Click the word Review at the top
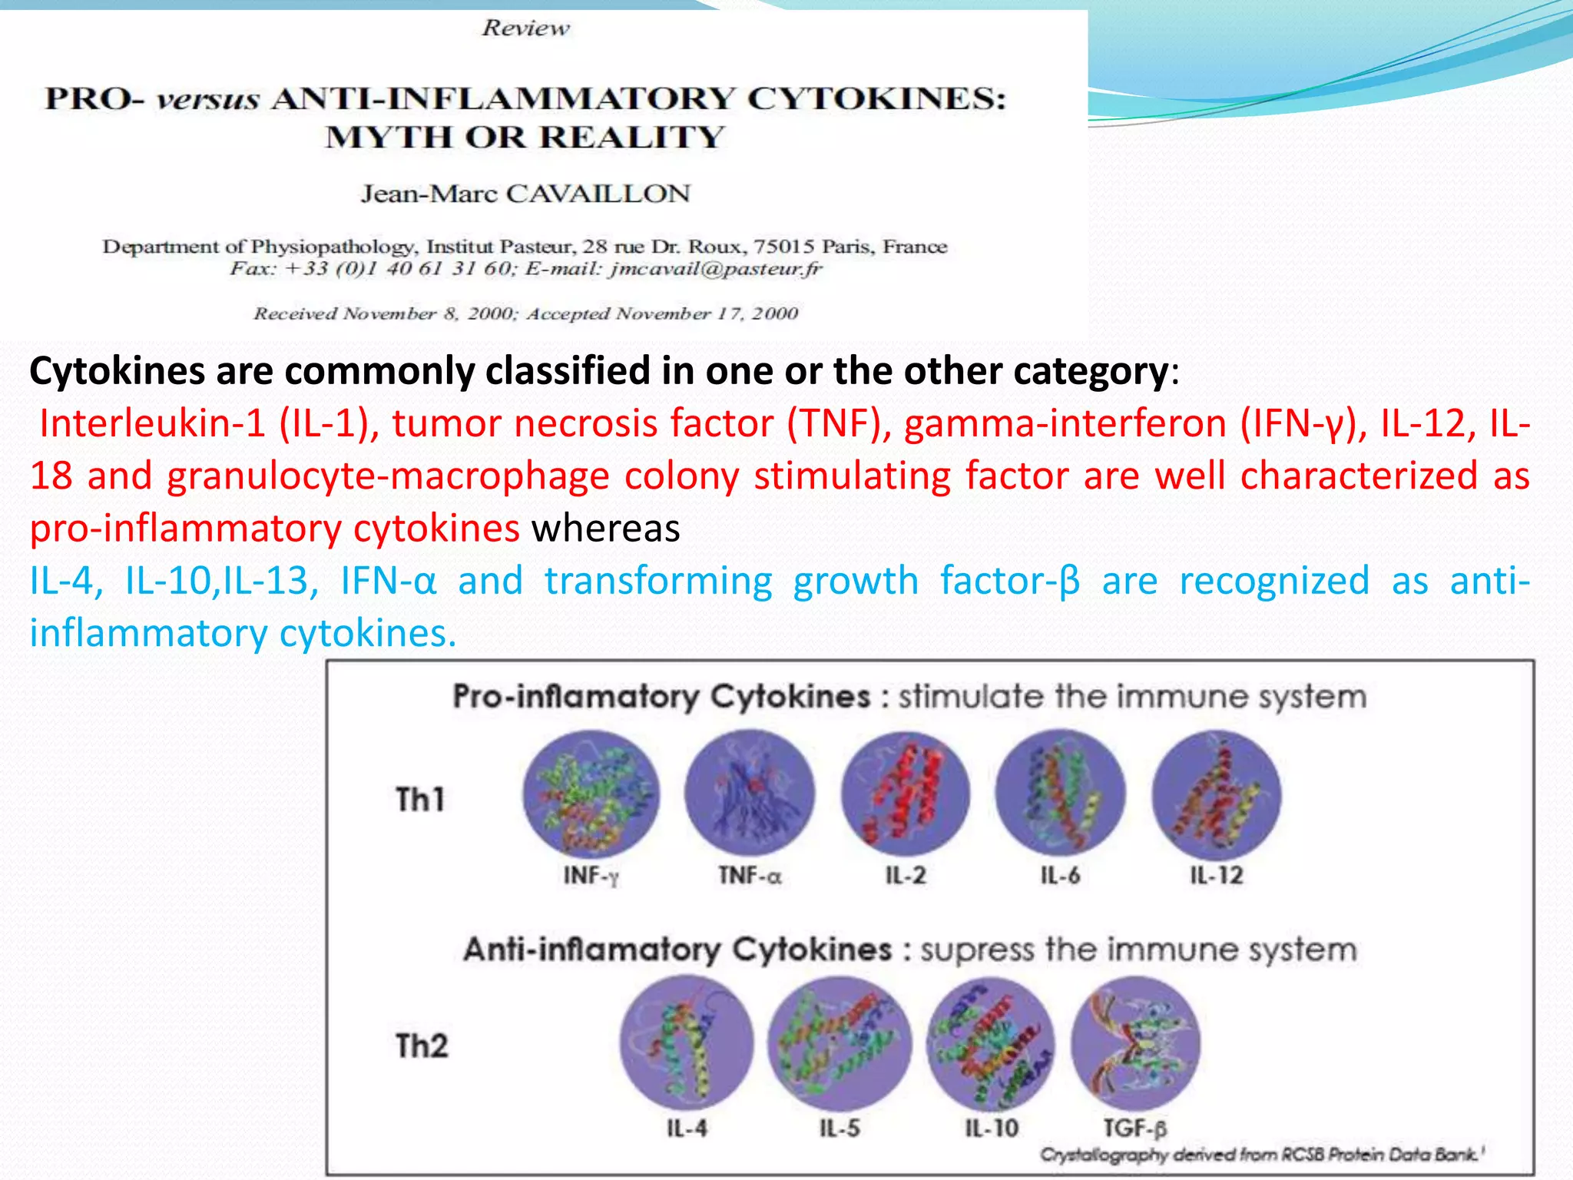[526, 28]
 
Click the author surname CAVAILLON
[598, 194]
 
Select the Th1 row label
[420, 799]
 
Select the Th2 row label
[422, 1046]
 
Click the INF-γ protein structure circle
[591, 794]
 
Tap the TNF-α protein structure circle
[750, 794]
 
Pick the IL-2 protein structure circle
[906, 794]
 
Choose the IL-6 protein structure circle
[1060, 794]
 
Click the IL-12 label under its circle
[1217, 875]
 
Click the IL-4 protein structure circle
[687, 1043]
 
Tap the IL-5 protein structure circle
[839, 1043]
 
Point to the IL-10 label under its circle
[992, 1128]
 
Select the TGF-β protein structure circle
[1135, 1043]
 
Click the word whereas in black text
[605, 529]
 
